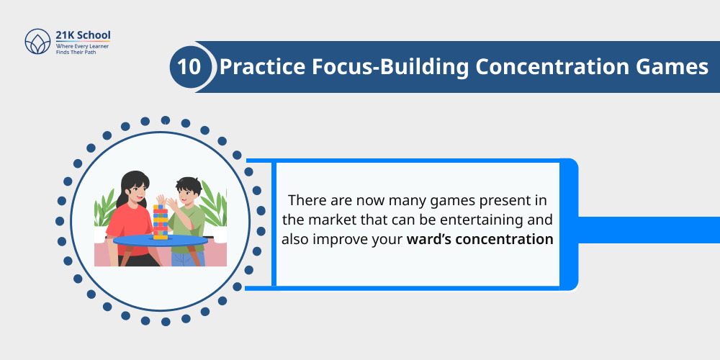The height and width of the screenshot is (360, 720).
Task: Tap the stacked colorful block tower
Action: (x=160, y=222)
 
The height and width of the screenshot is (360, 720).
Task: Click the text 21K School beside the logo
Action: (x=83, y=35)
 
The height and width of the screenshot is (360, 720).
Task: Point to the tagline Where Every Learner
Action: (x=83, y=46)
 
